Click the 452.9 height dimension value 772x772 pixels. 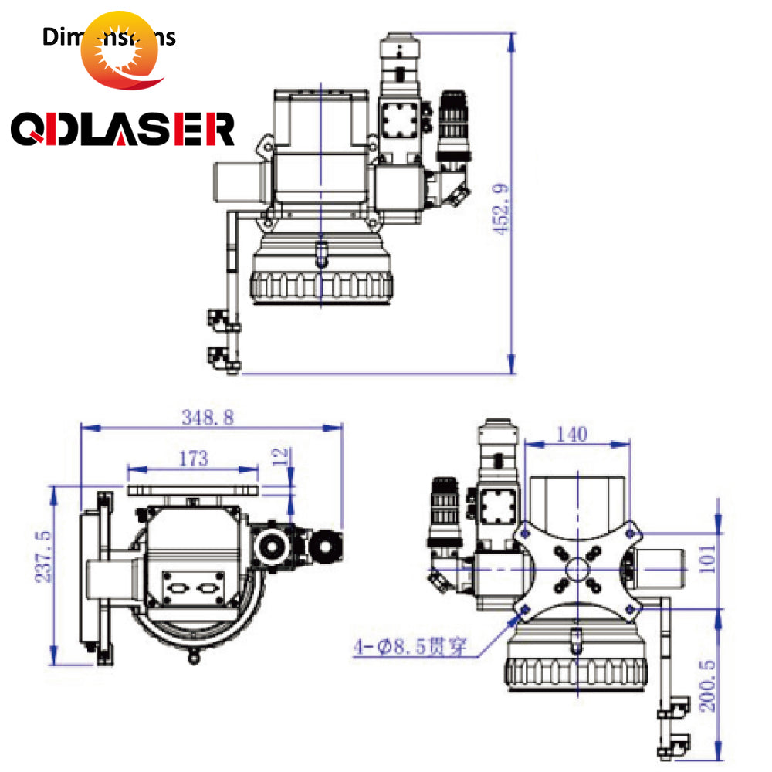(502, 208)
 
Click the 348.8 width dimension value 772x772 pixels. (207, 418)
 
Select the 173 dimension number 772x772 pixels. (193, 459)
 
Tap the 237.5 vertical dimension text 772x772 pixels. (43, 556)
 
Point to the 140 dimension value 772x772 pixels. (571, 434)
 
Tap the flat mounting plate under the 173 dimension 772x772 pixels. (194, 489)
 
